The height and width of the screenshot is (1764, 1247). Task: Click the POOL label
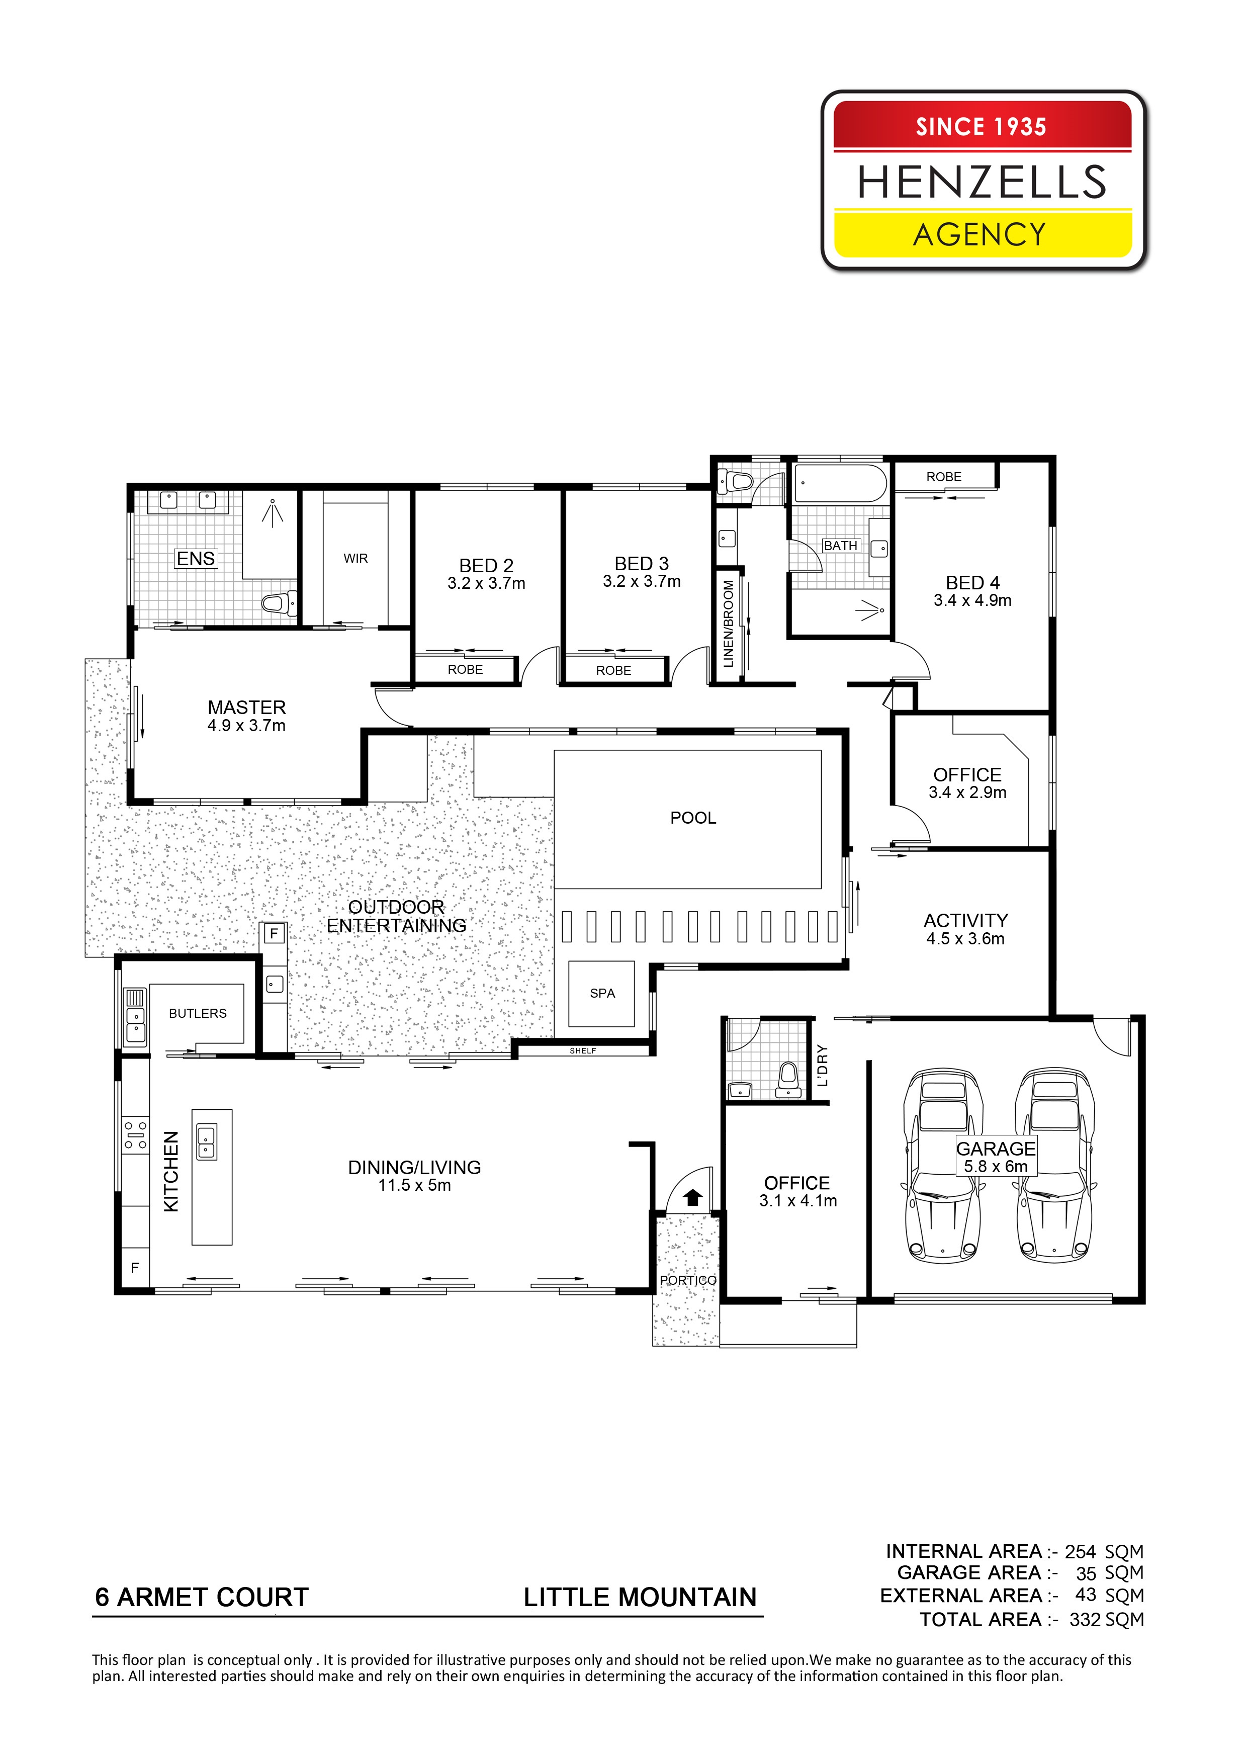pos(692,818)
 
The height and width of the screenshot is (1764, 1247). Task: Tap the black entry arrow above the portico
pos(693,1196)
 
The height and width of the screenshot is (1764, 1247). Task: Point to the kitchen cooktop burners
pos(136,1135)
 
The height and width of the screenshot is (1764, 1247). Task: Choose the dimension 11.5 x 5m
pos(414,1186)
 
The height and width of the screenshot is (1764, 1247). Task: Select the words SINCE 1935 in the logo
pos(981,127)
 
